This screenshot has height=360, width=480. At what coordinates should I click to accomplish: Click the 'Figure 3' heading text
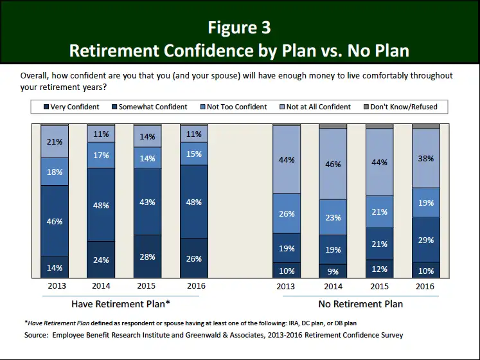click(x=240, y=28)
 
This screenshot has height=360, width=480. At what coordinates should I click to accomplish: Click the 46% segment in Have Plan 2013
click(x=55, y=221)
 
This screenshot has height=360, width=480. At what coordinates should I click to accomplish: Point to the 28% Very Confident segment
click(x=148, y=257)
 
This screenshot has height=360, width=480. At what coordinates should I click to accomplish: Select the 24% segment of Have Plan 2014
click(x=101, y=260)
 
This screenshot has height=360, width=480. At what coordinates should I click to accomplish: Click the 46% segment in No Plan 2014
click(x=333, y=165)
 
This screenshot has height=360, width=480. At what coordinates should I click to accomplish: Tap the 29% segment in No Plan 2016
click(x=426, y=239)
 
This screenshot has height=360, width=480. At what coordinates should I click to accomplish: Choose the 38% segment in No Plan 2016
click(x=426, y=158)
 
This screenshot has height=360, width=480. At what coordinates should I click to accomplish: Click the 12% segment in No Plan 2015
click(x=379, y=269)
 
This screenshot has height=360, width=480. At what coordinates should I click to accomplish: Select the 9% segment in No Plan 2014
click(x=333, y=271)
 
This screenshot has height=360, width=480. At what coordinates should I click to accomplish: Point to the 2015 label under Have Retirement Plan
click(x=148, y=285)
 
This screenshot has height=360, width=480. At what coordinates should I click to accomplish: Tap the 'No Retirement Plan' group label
click(x=360, y=304)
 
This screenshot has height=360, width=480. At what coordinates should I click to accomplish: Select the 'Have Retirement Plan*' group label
click(x=120, y=304)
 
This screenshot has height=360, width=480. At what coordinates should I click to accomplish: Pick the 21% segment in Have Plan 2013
click(x=55, y=141)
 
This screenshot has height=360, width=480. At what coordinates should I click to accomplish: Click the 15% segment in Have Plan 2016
click(x=194, y=154)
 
